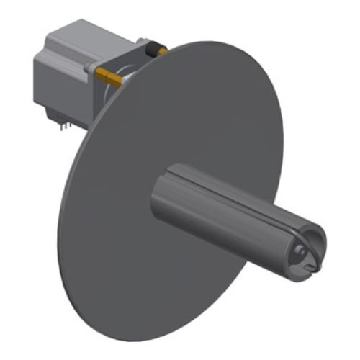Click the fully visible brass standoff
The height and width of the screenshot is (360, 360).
[108, 75]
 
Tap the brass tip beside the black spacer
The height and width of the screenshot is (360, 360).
[163, 51]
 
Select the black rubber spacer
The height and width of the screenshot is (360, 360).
[153, 50]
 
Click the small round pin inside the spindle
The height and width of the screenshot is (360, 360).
[299, 253]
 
